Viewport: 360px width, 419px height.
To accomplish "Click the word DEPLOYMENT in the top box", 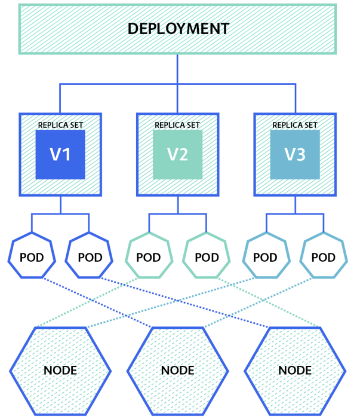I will coord(178,29).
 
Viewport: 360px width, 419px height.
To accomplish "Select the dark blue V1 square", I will coord(60,154).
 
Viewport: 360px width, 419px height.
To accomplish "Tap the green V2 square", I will coord(177,154).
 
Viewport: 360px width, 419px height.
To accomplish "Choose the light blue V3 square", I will coord(295,154).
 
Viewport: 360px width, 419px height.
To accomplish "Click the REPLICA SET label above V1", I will coord(60,126).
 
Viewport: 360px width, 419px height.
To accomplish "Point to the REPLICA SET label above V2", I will coord(177,126).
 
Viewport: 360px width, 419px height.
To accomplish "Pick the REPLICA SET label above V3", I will coord(295,126).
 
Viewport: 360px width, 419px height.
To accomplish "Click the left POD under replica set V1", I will coord(32,258).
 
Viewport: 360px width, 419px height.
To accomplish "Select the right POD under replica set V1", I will coord(90,258).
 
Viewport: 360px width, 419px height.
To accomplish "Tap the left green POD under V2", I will coord(149,258).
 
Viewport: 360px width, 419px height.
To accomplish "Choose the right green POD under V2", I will coord(207,258).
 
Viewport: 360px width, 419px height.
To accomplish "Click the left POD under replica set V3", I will coord(266,258).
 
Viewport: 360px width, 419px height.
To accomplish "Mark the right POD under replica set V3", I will coord(324,258).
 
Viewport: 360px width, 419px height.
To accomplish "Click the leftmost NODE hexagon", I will coord(60,370).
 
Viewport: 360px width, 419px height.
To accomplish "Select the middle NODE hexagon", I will coord(177,370).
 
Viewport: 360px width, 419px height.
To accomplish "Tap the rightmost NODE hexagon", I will coord(295,370).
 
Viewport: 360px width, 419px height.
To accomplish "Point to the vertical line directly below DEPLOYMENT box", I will coord(177,69).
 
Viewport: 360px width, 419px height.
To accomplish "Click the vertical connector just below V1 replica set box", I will coord(60,204).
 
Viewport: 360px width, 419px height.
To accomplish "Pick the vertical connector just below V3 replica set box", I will coord(295,204).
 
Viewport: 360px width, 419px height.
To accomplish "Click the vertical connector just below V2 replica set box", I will coord(177,204).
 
